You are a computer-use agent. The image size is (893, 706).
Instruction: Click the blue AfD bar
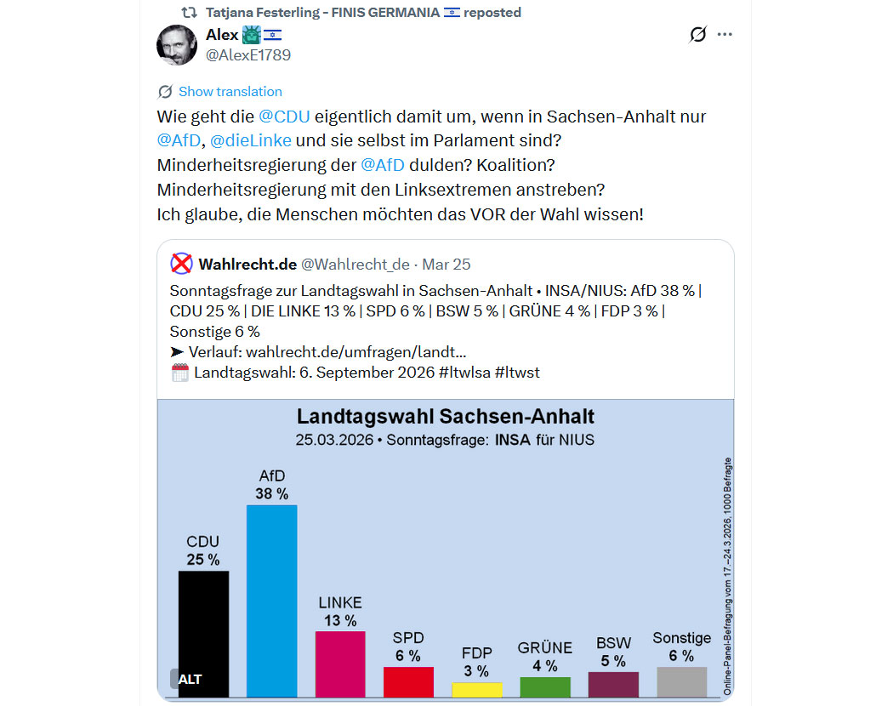[x=271, y=601]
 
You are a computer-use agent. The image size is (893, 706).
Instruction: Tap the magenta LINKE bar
[x=340, y=663]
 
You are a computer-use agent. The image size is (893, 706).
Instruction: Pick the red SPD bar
[x=408, y=682]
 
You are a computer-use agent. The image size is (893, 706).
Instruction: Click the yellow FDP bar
[x=477, y=690]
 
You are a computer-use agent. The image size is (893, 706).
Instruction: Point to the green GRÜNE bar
[x=545, y=686]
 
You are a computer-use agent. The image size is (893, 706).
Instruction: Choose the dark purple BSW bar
[x=613, y=685]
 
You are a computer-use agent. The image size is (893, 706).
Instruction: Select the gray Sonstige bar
[x=681, y=682]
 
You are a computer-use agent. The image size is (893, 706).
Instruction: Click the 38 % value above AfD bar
[x=271, y=493]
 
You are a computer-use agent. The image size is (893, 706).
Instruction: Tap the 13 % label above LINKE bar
[x=340, y=620]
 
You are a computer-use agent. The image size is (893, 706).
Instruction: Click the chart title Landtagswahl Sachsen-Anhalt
[x=445, y=417]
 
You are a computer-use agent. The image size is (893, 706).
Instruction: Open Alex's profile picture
[x=177, y=44]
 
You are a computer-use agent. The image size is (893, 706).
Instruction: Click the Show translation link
[x=230, y=92]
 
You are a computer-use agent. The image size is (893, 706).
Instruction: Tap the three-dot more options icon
[x=725, y=35]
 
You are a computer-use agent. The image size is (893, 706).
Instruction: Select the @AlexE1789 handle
[x=248, y=55]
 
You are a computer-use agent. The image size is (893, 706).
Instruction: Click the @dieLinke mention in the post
[x=251, y=139]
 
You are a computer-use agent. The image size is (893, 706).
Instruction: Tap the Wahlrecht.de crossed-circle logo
[x=182, y=264]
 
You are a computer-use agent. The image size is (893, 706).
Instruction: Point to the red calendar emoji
[x=179, y=372]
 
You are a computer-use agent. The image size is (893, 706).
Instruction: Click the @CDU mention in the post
[x=284, y=116]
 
